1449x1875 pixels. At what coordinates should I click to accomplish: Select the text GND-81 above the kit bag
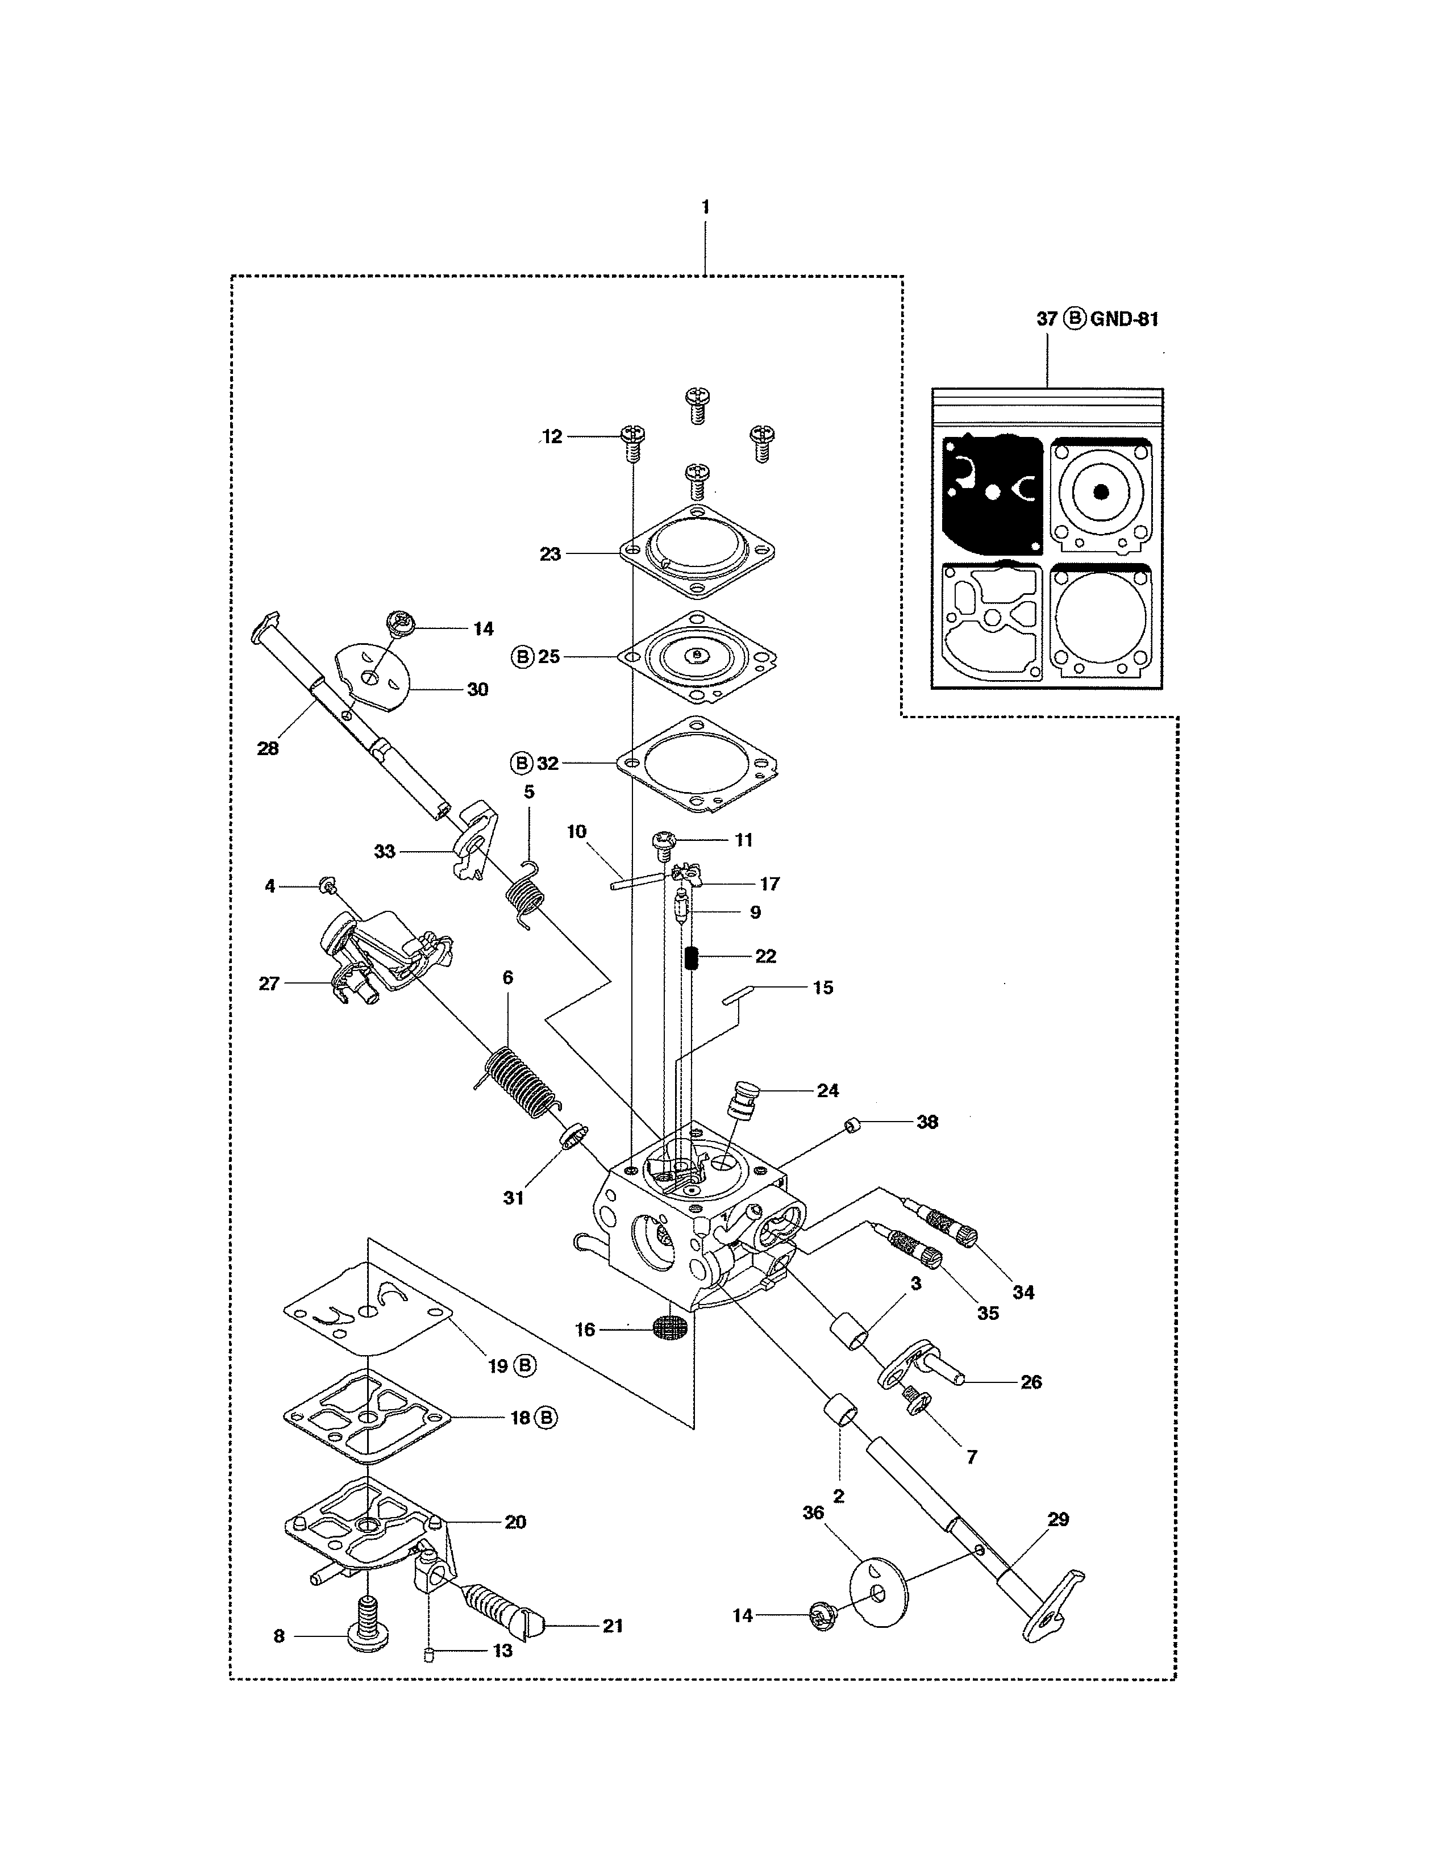click(1125, 319)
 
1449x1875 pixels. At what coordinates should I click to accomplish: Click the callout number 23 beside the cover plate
click(550, 555)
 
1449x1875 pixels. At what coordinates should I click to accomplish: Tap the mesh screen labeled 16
click(671, 1329)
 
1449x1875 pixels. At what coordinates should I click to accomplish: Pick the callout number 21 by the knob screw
click(612, 1626)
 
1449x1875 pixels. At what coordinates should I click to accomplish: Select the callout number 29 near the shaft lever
click(1059, 1519)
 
